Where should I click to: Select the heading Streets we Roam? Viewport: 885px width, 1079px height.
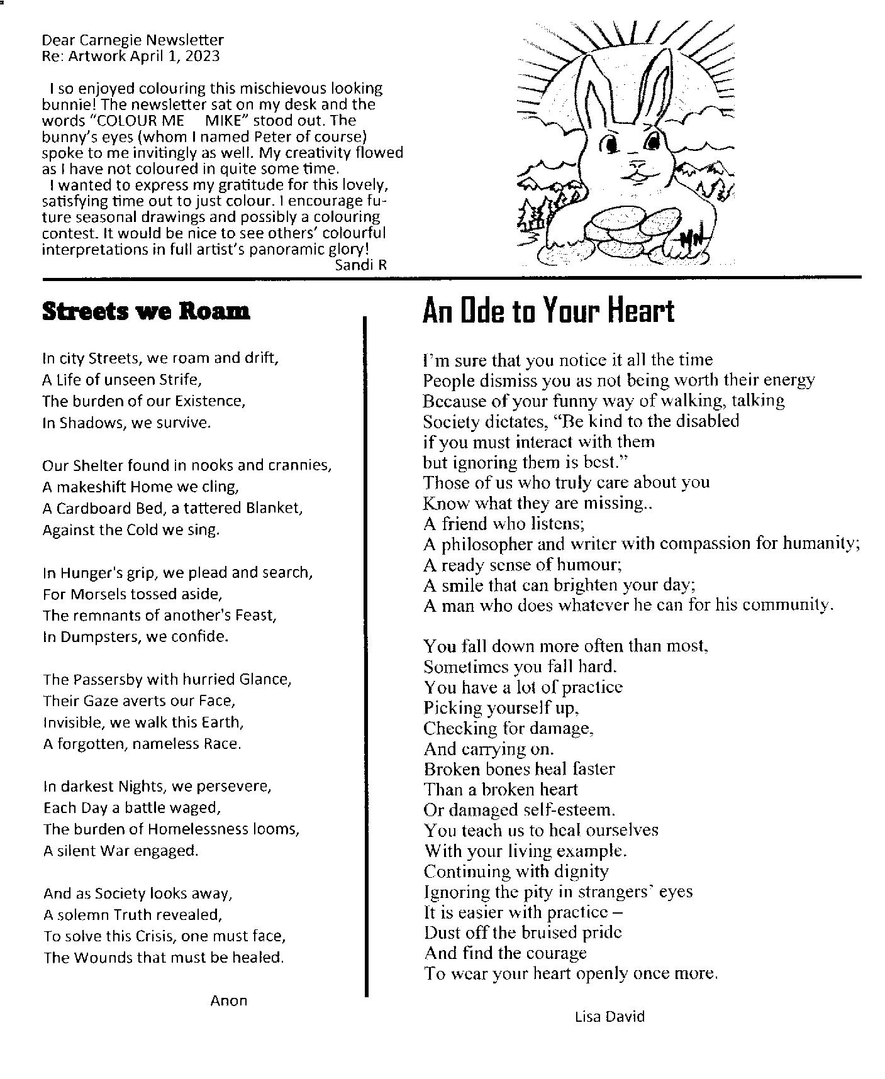coord(145,311)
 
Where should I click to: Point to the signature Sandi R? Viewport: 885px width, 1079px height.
coord(361,265)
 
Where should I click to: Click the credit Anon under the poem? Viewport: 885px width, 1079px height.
coord(228,1000)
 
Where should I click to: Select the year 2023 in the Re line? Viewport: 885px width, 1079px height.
coord(203,56)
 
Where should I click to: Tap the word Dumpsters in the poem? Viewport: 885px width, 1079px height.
coord(101,636)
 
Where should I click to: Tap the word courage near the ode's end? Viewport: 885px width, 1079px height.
coord(554,953)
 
